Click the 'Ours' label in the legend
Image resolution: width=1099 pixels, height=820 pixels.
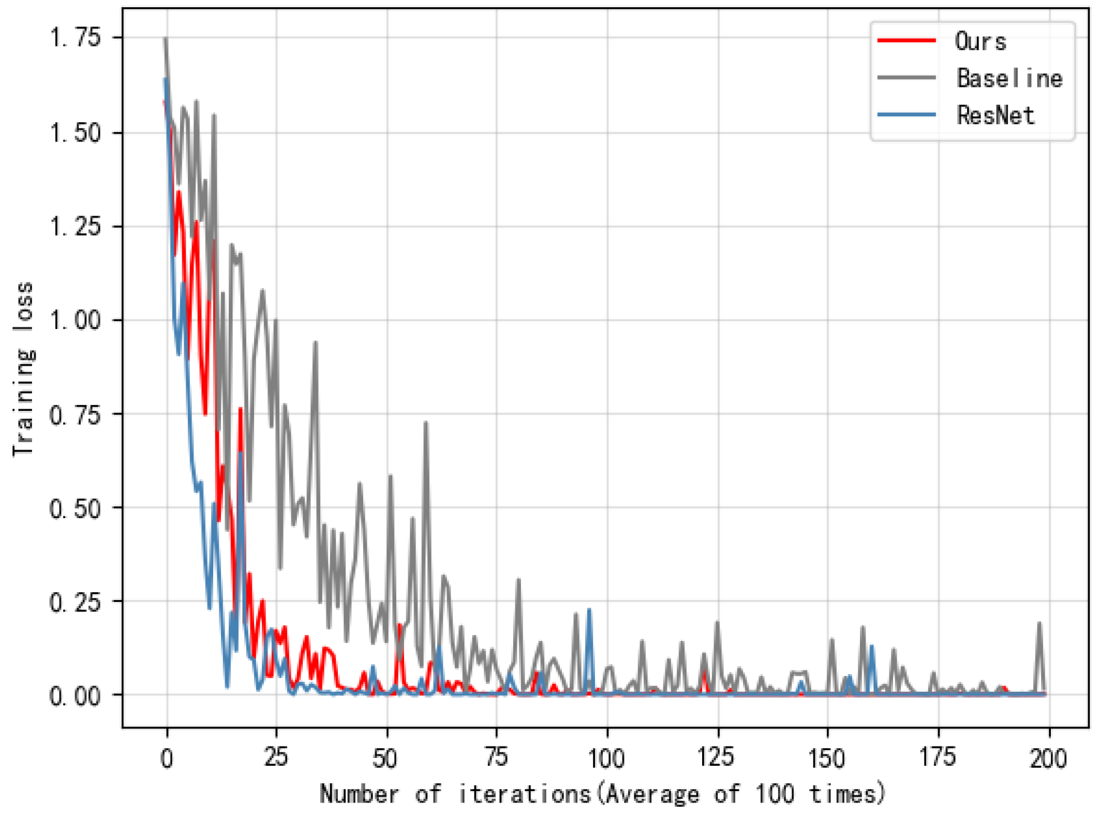point(980,42)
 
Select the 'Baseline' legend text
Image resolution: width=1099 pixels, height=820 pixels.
point(1009,78)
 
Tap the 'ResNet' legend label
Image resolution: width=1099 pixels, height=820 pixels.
point(995,115)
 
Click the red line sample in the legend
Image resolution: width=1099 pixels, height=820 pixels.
point(906,40)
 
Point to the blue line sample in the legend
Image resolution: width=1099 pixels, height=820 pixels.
point(906,114)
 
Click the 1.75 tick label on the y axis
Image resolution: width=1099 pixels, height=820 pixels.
point(75,38)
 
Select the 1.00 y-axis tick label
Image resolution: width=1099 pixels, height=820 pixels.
point(75,320)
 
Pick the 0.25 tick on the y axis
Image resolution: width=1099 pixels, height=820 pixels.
point(75,601)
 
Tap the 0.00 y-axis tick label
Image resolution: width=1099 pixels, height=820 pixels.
point(75,696)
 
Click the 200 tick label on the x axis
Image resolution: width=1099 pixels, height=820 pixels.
point(1048,758)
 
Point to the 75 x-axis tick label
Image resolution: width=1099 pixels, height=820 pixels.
point(497,758)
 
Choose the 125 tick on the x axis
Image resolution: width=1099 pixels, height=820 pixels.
point(717,758)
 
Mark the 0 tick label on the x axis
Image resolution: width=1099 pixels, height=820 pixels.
point(167,758)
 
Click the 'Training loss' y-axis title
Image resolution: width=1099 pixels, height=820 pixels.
point(24,369)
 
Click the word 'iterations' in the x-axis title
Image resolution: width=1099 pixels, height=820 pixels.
point(525,794)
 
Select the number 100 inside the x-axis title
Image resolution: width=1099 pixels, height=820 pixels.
point(776,794)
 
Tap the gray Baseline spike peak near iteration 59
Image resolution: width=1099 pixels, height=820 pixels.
point(426,423)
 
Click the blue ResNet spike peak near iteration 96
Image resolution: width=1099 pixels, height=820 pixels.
point(589,610)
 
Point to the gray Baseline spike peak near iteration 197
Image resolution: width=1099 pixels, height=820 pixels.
point(1039,624)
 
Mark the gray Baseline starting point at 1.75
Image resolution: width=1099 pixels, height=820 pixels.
point(166,39)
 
